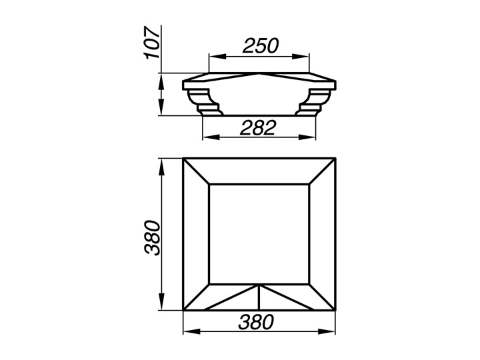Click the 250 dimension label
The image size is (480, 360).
tap(261, 45)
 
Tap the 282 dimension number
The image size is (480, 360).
tap(258, 127)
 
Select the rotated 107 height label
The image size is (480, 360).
tap(152, 43)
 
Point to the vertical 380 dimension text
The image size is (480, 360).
tap(153, 237)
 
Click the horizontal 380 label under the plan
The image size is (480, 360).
tap(256, 322)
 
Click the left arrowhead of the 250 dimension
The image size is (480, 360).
tap(217, 57)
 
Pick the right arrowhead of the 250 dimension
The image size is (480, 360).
tap(300, 57)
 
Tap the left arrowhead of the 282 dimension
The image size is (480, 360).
tap(211, 137)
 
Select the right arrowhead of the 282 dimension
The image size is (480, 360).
tap(307, 137)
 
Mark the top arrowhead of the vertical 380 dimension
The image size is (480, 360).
tap(161, 167)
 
